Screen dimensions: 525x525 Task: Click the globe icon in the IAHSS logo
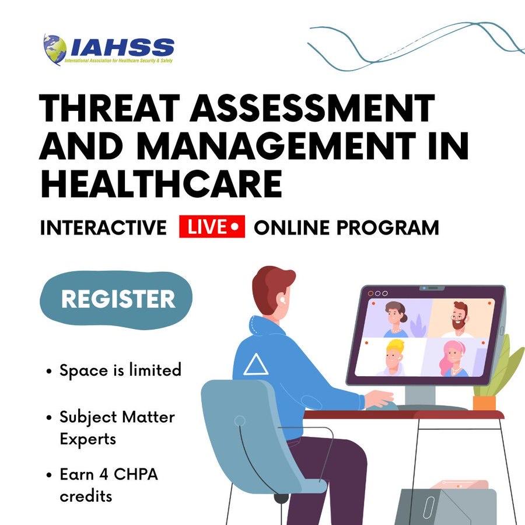(x=55, y=49)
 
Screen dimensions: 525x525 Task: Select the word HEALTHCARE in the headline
(x=162, y=184)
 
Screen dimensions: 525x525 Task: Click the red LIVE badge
(x=212, y=227)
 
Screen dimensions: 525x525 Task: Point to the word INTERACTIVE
(x=103, y=228)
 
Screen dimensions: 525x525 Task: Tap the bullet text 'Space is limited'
(x=121, y=370)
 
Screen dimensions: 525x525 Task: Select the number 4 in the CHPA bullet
(x=103, y=474)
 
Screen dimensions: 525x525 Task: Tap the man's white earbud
(x=282, y=298)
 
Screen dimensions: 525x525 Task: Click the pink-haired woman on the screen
(x=453, y=359)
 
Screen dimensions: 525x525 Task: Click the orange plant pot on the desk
(x=484, y=402)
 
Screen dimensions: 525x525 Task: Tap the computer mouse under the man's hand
(x=382, y=406)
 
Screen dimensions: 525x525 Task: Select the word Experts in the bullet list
(x=87, y=439)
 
